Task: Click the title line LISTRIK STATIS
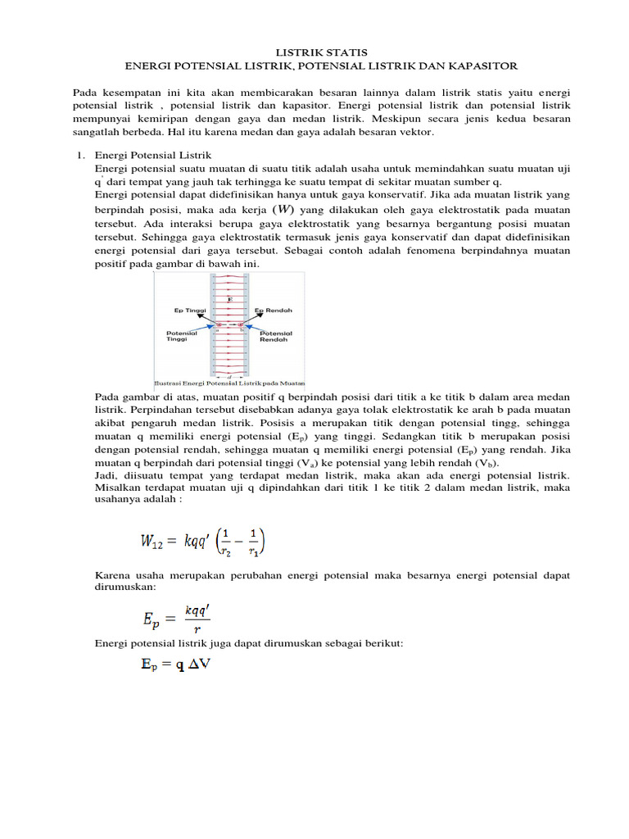[x=314, y=52]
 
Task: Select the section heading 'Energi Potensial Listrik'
[x=153, y=155]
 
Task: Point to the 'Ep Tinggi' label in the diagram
[x=190, y=311]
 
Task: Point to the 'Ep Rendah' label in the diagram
[x=273, y=311]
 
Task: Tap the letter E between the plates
[x=229, y=300]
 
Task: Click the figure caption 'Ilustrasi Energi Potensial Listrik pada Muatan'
[x=229, y=383]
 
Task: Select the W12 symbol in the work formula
[x=152, y=542]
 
